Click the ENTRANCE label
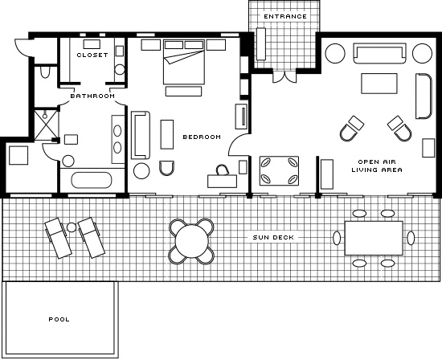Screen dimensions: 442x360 point(285,17)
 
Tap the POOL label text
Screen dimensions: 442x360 point(59,319)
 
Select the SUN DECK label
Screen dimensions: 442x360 point(273,237)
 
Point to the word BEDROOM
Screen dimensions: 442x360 point(202,137)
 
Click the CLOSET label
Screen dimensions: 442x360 point(92,55)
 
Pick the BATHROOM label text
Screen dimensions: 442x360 point(92,96)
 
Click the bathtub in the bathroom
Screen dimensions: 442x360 point(92,180)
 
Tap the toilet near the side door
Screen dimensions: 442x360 point(45,72)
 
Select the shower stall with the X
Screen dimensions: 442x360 point(46,125)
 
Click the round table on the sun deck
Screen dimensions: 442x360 point(192,241)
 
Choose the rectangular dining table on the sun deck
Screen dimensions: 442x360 point(374,238)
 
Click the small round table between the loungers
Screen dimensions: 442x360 point(72,227)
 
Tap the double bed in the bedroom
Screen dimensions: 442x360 point(184,61)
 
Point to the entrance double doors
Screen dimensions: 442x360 point(284,77)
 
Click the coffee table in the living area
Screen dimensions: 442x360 point(379,84)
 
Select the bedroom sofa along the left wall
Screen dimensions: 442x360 point(140,135)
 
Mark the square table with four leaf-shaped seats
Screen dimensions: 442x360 point(279,171)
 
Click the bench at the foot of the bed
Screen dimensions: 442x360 point(183,92)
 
